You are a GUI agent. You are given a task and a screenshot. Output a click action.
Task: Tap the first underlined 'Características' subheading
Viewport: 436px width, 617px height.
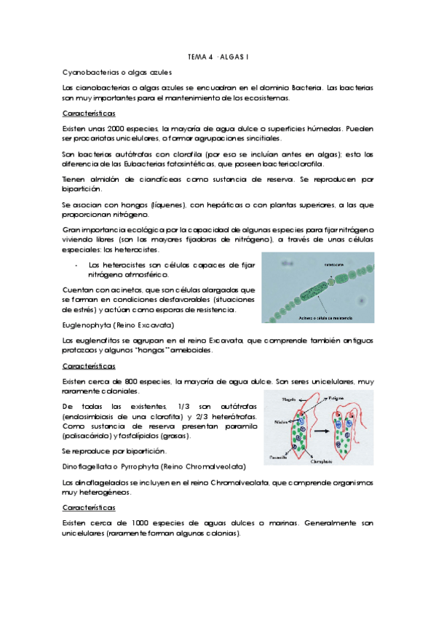89,114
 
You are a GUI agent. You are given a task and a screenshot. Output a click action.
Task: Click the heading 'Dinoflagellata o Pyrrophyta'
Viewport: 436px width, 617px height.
154,466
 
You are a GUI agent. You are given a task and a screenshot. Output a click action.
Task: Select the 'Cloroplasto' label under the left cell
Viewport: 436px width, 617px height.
312,459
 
